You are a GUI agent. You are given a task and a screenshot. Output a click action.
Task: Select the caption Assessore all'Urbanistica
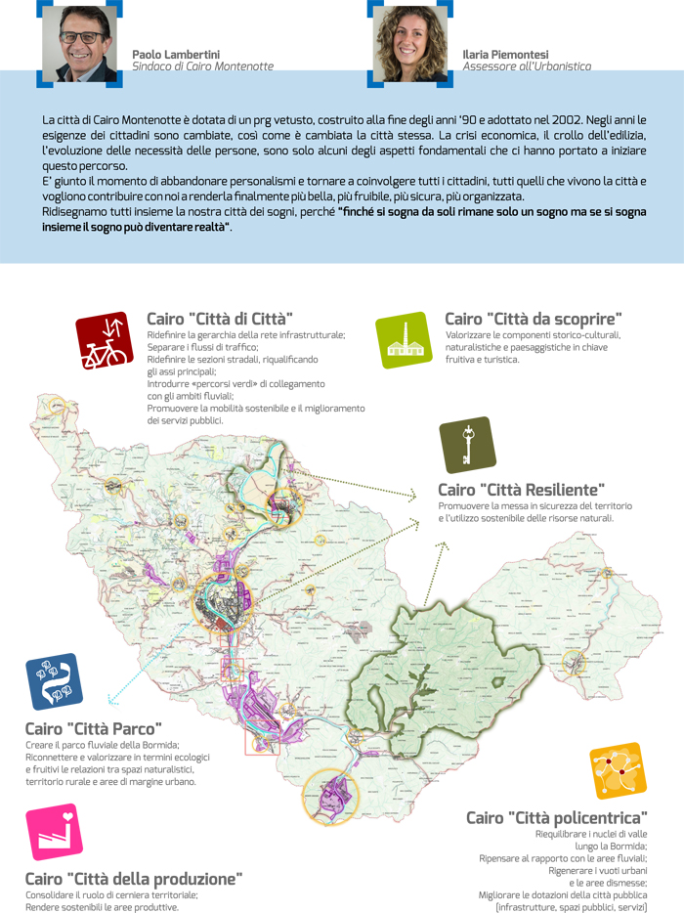[x=527, y=66]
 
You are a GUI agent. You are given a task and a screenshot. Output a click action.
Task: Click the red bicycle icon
[x=105, y=340]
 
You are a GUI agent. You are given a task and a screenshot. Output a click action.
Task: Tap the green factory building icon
[x=403, y=340]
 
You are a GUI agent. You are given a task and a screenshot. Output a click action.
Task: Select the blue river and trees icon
[x=55, y=681]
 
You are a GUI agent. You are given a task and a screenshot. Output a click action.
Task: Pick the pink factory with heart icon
[x=55, y=831]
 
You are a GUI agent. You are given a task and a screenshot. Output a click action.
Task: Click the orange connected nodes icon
[x=618, y=771]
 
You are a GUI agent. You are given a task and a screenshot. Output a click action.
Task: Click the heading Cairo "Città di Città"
[x=220, y=319]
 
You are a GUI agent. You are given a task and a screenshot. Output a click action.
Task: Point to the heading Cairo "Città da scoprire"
[x=534, y=319]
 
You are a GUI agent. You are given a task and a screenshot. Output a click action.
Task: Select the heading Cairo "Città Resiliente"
[x=522, y=489]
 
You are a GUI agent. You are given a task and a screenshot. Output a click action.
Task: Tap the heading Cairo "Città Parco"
[x=94, y=728]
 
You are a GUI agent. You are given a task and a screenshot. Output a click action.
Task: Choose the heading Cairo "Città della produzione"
[x=134, y=878]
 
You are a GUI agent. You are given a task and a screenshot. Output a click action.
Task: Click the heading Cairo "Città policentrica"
[x=556, y=817]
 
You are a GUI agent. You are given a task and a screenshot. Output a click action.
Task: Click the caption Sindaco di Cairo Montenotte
[x=202, y=66]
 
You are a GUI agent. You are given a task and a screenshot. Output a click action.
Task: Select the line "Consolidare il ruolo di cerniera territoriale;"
[x=111, y=894]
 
